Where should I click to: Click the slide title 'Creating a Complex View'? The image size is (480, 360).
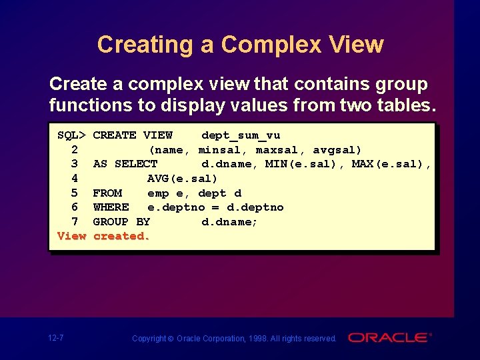coord(240,45)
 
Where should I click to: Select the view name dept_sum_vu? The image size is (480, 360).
coord(240,135)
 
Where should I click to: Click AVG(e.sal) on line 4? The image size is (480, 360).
coord(182,179)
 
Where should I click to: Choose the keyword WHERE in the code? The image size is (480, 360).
coord(111,207)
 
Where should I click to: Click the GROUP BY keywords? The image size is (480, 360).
coord(121,221)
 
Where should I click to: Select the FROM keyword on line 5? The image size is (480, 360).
coord(107,193)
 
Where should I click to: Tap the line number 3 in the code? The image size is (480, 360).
coord(74,164)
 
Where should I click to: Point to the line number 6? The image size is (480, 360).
coord(74,207)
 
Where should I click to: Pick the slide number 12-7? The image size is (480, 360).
coord(56,338)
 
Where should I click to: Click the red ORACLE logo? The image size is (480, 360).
coord(389,338)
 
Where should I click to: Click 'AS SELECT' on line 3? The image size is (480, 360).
coord(125,164)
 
